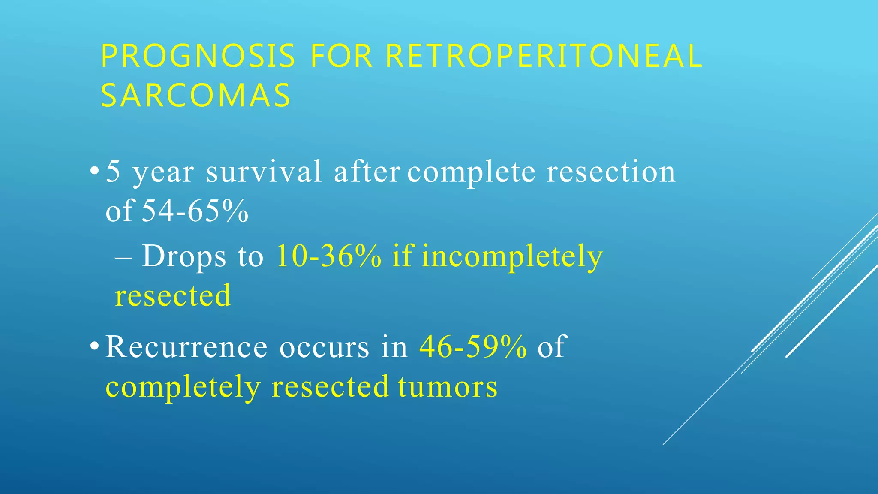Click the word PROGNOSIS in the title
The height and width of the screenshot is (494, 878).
click(198, 56)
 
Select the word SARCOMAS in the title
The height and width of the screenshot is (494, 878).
click(196, 95)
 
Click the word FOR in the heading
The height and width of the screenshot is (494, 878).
click(341, 56)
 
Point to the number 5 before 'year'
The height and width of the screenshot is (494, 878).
click(113, 171)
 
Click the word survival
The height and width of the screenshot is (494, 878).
click(264, 171)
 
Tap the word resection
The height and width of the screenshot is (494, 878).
click(610, 171)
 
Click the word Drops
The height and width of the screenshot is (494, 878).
click(184, 257)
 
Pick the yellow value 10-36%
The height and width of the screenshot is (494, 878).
click(329, 256)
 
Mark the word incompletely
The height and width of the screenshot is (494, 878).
click(512, 257)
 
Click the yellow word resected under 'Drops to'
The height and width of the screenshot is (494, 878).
click(173, 295)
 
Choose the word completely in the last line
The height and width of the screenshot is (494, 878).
click(183, 388)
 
